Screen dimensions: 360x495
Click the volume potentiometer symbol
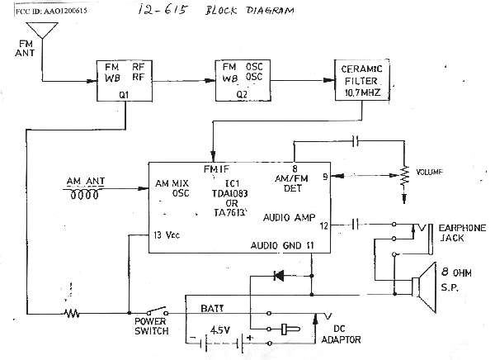[404, 176]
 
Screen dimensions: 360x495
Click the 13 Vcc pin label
[169, 236]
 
